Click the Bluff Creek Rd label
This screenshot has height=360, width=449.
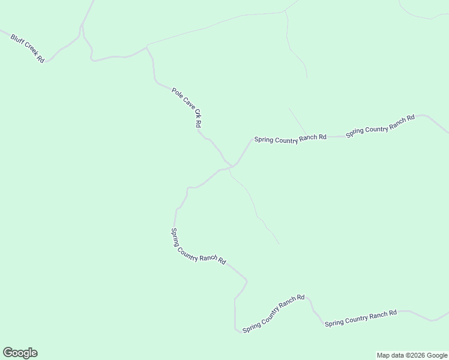[x=27, y=49]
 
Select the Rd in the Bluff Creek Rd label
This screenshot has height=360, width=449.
[x=40, y=59]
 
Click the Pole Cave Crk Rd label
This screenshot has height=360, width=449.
[x=186, y=107]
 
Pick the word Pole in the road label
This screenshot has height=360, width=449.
[x=176, y=93]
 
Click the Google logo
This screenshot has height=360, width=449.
[x=20, y=353]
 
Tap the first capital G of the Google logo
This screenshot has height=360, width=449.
[x=8, y=352]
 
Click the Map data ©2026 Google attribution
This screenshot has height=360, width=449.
[x=412, y=355]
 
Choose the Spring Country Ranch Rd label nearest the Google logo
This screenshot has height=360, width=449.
[x=197, y=247]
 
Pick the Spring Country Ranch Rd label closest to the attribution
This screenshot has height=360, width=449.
[x=361, y=319]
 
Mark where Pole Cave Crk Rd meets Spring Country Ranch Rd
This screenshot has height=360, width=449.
[x=231, y=166]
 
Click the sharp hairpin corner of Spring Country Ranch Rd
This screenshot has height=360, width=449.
[x=236, y=329]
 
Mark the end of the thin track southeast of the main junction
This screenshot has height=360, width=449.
[x=279, y=244]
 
